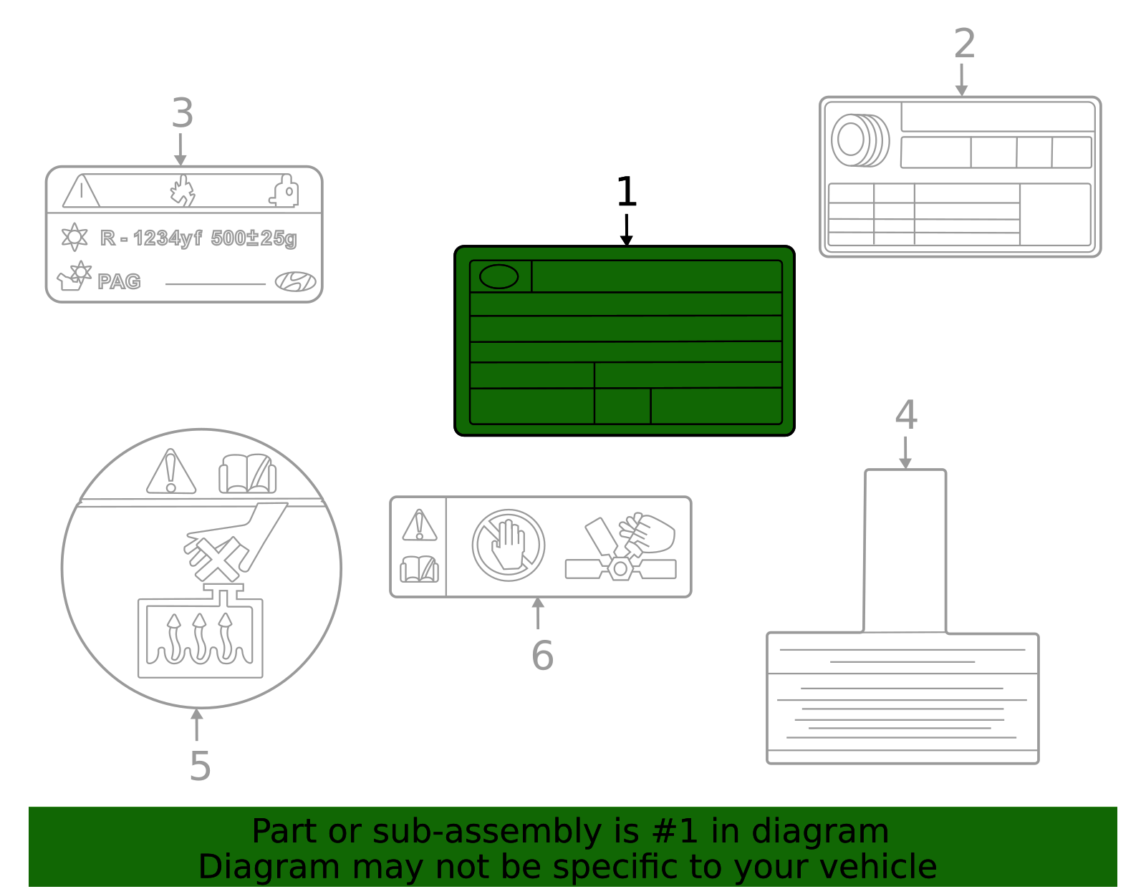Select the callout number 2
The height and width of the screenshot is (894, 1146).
pos(964,44)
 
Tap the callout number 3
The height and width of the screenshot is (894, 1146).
pos(183,114)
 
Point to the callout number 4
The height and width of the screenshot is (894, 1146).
pos(906,415)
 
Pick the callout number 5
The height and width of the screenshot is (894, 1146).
pos(200,767)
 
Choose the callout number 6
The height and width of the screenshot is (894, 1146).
pos(542,656)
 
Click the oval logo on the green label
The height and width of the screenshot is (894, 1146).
pos(499,276)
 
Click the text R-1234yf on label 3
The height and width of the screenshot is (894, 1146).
pos(151,238)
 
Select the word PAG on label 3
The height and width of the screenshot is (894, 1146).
pos(119,281)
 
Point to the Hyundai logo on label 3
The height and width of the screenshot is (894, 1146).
pos(295,281)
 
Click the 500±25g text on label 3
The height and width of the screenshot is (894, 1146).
pos(254,238)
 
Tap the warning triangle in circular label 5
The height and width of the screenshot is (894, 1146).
pos(170,473)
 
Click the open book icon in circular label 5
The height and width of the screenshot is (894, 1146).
pos(247,473)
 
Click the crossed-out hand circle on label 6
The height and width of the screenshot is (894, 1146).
pos(509,545)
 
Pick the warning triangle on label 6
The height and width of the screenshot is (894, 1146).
pos(420,525)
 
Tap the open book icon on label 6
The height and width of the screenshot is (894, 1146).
pos(420,569)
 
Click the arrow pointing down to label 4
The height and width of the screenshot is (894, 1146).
pos(905,453)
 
